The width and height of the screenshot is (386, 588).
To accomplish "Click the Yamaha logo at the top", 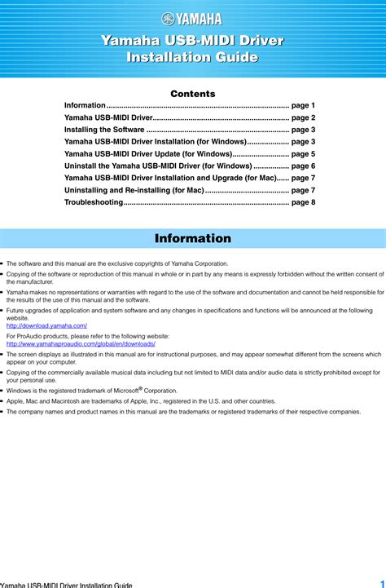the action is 192,20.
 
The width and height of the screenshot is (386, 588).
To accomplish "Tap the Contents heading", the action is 193,94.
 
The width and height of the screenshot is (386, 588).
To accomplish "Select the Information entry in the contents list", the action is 85,106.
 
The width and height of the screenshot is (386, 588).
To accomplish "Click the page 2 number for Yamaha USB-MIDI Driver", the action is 303,117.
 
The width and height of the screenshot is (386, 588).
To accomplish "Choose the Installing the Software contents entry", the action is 104,130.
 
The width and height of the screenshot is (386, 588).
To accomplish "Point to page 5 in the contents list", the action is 303,153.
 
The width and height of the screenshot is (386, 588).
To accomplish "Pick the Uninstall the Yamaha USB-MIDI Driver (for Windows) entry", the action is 158,166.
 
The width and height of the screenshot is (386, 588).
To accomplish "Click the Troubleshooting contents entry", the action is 93,201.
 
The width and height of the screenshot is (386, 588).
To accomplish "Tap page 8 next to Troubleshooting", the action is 303,201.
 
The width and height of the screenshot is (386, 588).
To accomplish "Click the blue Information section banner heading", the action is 193,239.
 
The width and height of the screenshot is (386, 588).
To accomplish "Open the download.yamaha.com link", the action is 47,325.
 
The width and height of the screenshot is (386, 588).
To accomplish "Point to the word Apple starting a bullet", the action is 15,401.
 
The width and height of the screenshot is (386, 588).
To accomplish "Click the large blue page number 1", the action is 379,582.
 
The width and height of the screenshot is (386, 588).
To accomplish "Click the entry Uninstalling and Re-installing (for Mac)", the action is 134,189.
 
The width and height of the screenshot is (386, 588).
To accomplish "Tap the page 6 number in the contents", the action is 303,166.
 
